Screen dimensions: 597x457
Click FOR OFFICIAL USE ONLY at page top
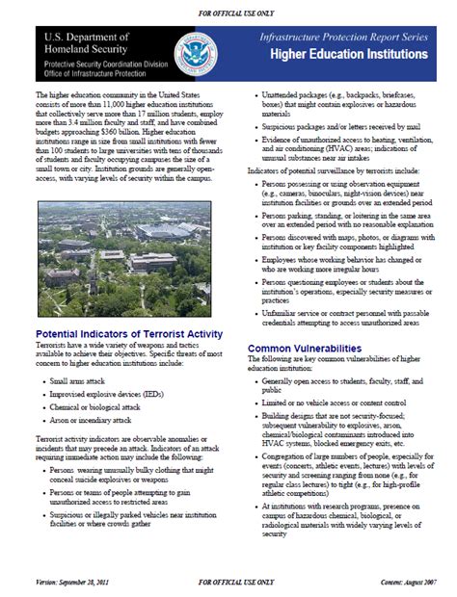pyautogui.click(x=228, y=10)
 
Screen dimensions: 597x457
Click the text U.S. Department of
pyautogui.click(x=84, y=35)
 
